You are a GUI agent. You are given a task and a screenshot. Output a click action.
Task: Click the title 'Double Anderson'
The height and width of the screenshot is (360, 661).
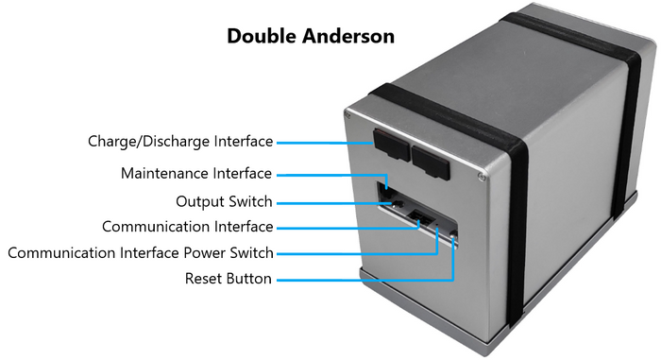pos(311,37)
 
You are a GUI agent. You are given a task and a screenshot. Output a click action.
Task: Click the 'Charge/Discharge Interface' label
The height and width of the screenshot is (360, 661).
pos(180,142)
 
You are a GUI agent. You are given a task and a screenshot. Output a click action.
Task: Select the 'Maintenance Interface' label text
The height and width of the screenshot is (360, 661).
pos(196,174)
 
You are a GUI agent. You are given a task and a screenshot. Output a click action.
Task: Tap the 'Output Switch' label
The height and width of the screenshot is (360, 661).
pos(224,201)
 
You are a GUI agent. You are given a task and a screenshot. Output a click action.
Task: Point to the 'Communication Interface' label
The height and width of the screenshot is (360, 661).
pos(187,227)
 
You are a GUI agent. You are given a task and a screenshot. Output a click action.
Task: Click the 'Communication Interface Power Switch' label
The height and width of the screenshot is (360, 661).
pos(141,253)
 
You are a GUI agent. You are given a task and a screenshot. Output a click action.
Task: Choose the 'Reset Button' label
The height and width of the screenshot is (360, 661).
pos(229,279)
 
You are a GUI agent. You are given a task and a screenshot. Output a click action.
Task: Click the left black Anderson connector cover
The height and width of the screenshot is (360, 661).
pos(388,144)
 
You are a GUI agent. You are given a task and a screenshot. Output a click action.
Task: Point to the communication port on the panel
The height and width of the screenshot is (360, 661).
pos(425,219)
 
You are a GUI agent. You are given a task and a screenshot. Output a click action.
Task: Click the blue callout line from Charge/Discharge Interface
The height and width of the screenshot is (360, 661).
pos(321,143)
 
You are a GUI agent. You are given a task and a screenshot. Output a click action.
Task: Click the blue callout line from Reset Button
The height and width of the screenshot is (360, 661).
pos(359,280)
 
